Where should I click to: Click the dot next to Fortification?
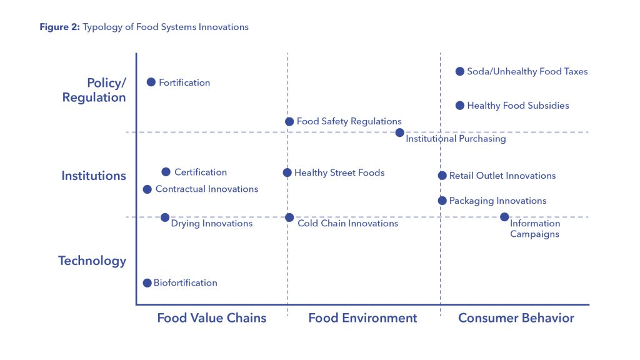[x=151, y=82]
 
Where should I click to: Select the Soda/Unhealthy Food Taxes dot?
[x=459, y=71]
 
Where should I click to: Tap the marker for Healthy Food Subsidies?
[x=459, y=106]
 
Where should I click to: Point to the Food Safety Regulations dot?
[x=289, y=121]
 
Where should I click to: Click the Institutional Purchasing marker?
[x=399, y=132]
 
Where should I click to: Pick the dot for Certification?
[x=166, y=172]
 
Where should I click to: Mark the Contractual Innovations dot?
[x=147, y=189]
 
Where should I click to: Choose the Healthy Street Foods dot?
[x=287, y=172]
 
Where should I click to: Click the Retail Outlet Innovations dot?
[x=442, y=176]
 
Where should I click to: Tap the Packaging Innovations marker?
[x=442, y=201]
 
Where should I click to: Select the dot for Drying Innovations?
[x=165, y=217]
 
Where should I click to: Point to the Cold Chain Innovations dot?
[x=289, y=217]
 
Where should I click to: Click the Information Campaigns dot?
[x=504, y=217]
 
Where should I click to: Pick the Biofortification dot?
[x=147, y=283]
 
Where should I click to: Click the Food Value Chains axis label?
[x=212, y=317]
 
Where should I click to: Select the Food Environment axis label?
[x=362, y=317]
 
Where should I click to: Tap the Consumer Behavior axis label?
[x=516, y=317]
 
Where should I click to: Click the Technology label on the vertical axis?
[x=92, y=261]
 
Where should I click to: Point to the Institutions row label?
[x=94, y=176]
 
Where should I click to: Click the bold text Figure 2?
[x=59, y=27]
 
